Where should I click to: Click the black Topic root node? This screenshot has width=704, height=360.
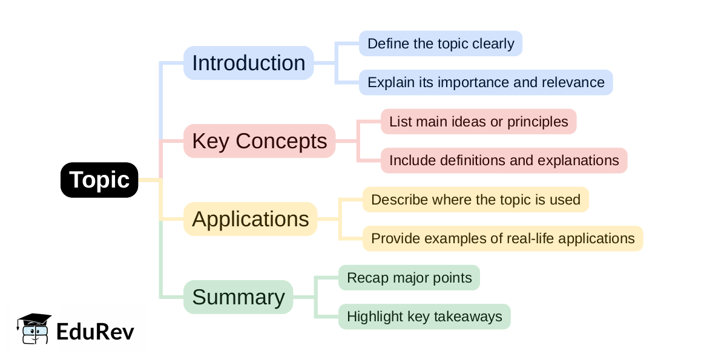point(99,180)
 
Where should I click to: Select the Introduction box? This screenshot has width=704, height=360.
point(248,63)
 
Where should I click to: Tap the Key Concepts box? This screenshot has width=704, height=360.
point(259,141)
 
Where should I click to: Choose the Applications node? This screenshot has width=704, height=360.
point(250,219)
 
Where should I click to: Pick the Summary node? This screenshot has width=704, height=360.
point(238,297)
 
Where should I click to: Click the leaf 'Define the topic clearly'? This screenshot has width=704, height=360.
point(441,44)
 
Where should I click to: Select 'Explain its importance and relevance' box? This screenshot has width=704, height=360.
point(485,82)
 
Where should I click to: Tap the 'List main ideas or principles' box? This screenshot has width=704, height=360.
point(478,122)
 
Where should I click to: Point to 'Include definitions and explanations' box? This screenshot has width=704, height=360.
point(504,160)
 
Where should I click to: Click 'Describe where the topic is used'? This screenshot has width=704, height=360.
point(475,200)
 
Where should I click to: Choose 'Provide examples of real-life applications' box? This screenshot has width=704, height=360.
point(502,238)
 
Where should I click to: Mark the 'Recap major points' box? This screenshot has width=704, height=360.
point(409,278)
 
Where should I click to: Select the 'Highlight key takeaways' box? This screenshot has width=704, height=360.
point(424,316)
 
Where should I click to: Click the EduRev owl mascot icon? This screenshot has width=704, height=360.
point(34,329)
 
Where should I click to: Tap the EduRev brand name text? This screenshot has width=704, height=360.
point(95,332)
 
